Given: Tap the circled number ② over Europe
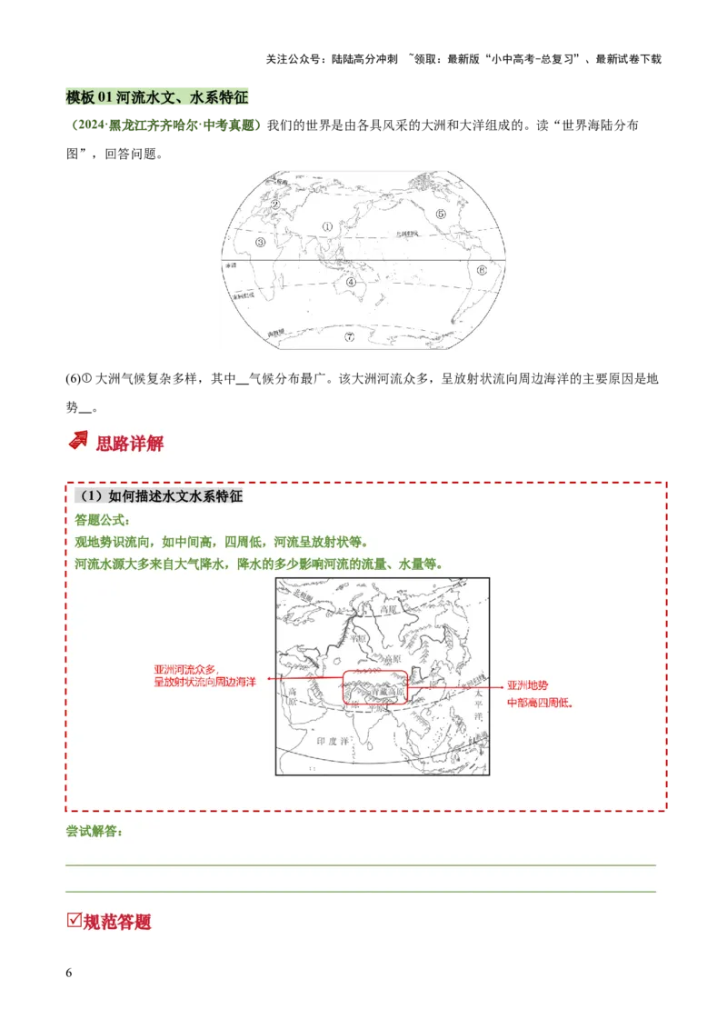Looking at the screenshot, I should pyautogui.click(x=274, y=204).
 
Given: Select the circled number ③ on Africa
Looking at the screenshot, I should pyautogui.click(x=261, y=243).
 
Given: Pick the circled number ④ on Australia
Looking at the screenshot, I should pyautogui.click(x=351, y=283).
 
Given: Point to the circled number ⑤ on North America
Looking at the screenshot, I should pyautogui.click(x=440, y=215).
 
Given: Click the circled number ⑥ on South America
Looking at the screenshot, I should pyautogui.click(x=482, y=270).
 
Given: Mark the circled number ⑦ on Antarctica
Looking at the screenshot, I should pyautogui.click(x=349, y=337).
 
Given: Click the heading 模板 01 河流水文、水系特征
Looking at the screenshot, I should pyautogui.click(x=159, y=95).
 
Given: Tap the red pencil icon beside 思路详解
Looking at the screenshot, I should pyautogui.click(x=78, y=442).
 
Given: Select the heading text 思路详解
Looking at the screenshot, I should pyautogui.click(x=130, y=444).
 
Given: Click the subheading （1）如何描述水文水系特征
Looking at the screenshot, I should pyautogui.click(x=159, y=496).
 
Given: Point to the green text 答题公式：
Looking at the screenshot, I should pyautogui.click(x=103, y=520).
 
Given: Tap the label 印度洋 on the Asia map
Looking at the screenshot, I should pyautogui.click(x=332, y=741).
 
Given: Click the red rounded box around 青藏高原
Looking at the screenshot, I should pyautogui.click(x=374, y=687).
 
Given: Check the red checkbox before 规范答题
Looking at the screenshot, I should pyautogui.click(x=75, y=920).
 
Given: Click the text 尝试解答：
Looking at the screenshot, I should pyautogui.click(x=95, y=831).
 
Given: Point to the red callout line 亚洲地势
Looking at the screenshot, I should pyautogui.click(x=528, y=686).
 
